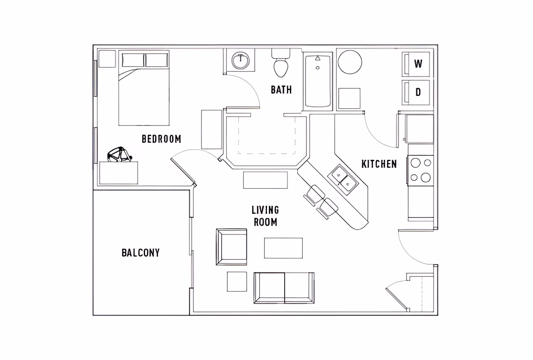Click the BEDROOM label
point(161,139)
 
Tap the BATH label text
point(281,90)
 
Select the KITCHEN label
point(379,164)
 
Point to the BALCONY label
point(141,253)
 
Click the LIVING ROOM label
point(265,216)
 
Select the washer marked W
point(418,64)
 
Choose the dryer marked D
point(418,92)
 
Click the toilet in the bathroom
point(281,66)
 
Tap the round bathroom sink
point(241,61)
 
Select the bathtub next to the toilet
point(318,81)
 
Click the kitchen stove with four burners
point(420,170)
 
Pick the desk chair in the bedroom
point(119,155)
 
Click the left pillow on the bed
point(133,60)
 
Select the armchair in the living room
point(232,247)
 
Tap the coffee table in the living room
point(283,248)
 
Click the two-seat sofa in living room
point(284,288)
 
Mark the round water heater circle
point(350,62)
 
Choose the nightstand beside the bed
point(107,59)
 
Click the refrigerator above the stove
point(419,128)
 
